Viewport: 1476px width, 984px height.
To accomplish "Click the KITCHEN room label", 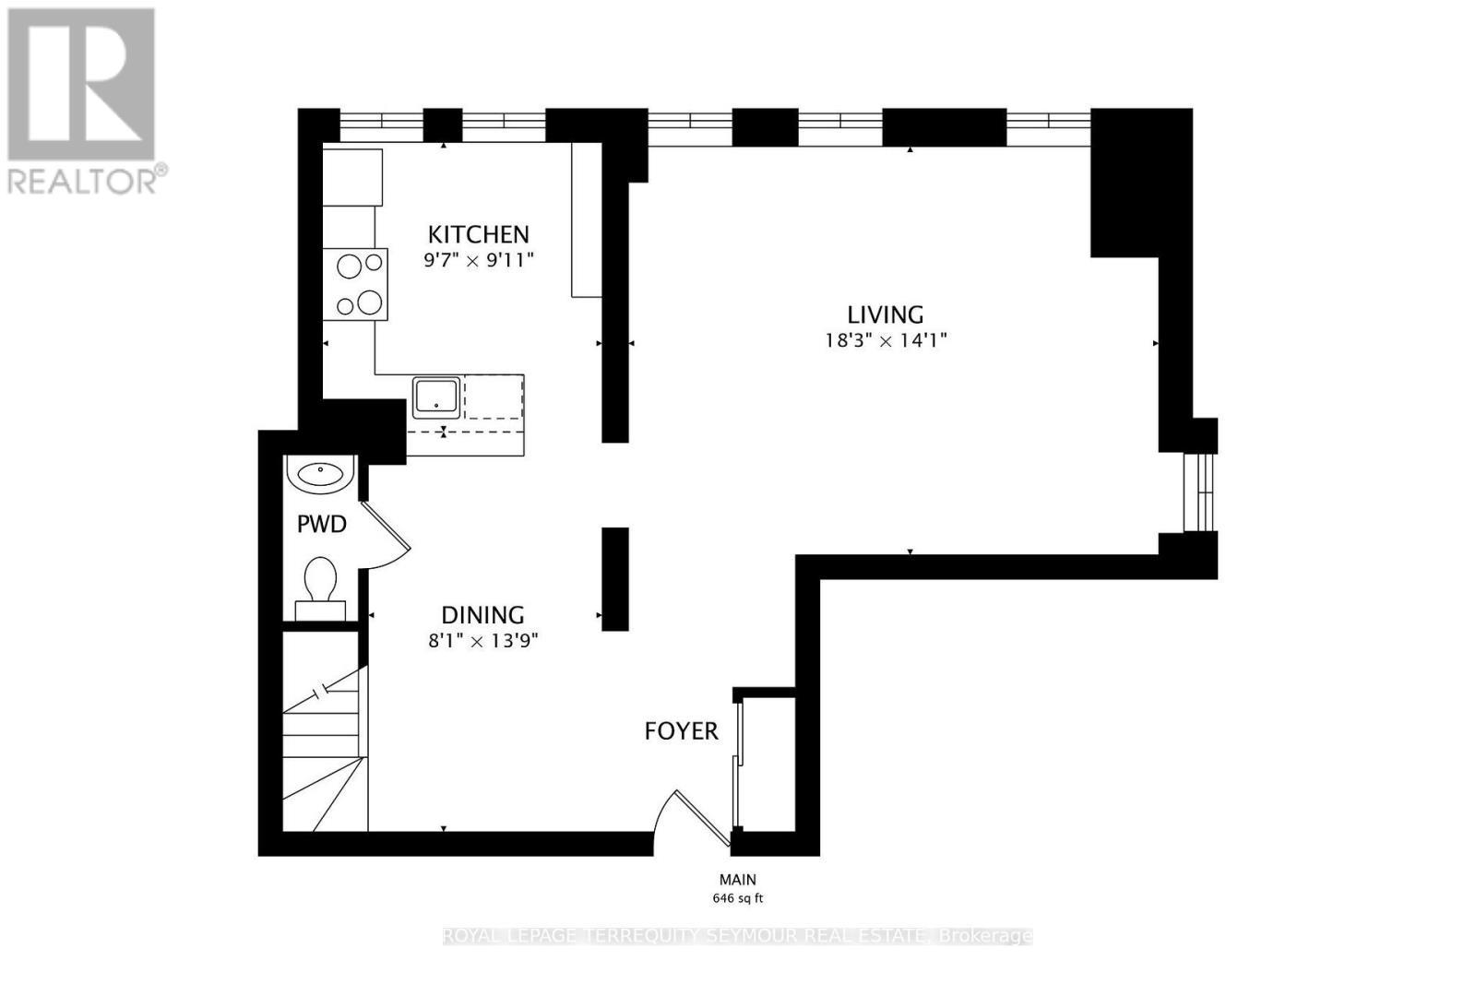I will point(478,234).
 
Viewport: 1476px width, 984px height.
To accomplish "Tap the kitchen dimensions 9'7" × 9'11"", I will point(479,260).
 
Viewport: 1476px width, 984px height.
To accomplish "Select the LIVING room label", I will point(886,314).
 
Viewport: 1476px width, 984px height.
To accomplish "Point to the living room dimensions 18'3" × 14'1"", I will point(886,340).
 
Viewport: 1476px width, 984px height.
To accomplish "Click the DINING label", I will point(482,615).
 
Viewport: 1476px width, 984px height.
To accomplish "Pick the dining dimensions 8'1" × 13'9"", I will point(482,640).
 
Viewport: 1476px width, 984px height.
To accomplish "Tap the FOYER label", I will point(681,731).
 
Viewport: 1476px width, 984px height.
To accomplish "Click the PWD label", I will point(321,525).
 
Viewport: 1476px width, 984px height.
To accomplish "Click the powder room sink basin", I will point(320,473).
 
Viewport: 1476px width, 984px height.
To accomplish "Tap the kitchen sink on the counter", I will point(436,397).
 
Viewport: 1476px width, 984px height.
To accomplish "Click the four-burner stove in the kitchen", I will point(355,285).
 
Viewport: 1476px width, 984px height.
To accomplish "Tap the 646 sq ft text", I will point(738,898).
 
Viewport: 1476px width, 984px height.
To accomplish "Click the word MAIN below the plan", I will point(738,880).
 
